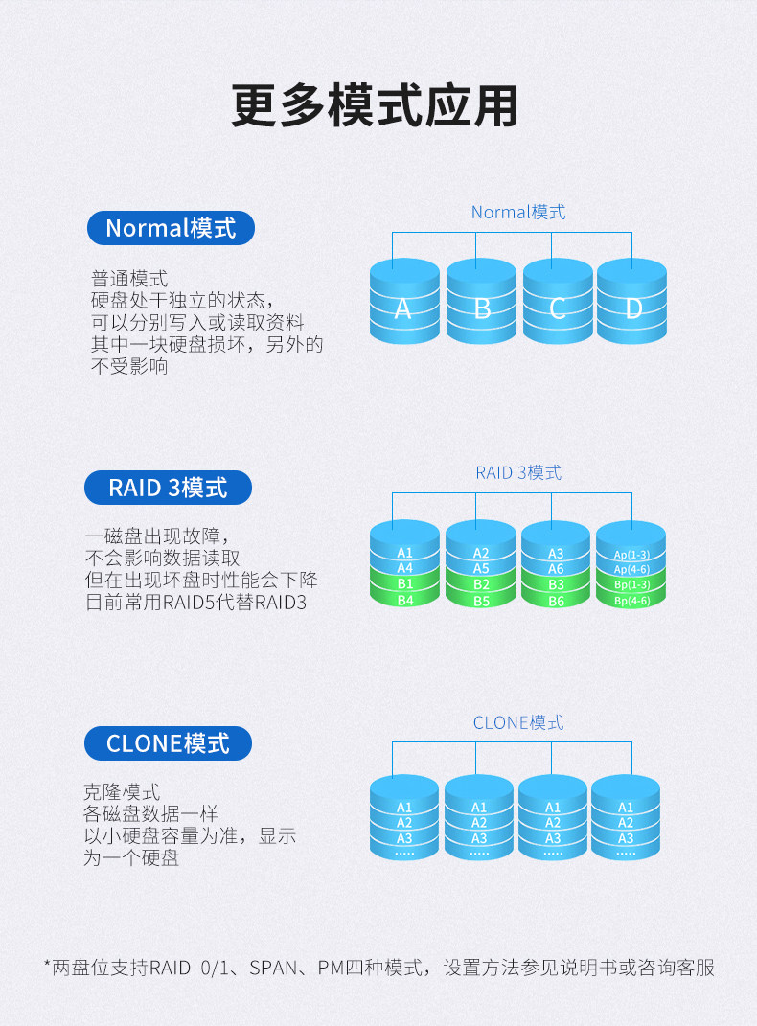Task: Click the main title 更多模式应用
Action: (375, 107)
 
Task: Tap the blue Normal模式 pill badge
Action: (171, 228)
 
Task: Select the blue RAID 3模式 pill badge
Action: (168, 488)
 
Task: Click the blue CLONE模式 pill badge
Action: (168, 743)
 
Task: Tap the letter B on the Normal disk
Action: (482, 308)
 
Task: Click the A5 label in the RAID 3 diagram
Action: (480, 568)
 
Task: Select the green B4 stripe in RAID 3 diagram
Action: (404, 600)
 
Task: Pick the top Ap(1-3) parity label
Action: (631, 554)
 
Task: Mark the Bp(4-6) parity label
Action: (631, 601)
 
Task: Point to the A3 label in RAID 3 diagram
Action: (556, 553)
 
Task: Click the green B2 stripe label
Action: (480, 584)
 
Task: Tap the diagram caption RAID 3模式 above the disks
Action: (518, 472)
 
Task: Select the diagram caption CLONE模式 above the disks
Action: (518, 722)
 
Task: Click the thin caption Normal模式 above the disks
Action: (518, 212)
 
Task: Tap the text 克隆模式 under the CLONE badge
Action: (122, 793)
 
